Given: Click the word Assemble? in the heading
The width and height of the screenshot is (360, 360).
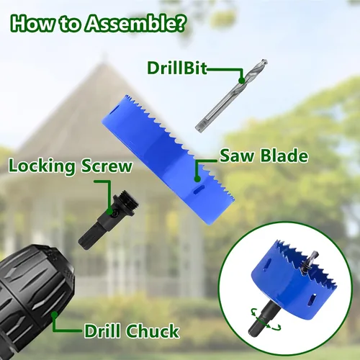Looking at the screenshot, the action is click(x=135, y=24).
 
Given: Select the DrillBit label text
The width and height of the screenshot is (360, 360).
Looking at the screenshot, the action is click(x=177, y=68).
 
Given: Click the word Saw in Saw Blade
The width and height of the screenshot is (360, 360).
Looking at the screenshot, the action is click(x=237, y=156).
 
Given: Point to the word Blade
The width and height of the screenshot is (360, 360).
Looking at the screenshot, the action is click(x=284, y=156).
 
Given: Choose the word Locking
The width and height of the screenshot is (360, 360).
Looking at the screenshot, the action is click(x=42, y=166).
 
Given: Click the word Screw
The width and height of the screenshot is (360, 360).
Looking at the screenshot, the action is click(x=107, y=166).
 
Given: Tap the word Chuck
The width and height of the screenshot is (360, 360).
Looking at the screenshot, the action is click(x=153, y=331).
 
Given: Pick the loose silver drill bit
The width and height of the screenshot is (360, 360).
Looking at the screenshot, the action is click(x=231, y=95).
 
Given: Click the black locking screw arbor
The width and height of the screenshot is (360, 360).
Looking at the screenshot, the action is click(x=109, y=219).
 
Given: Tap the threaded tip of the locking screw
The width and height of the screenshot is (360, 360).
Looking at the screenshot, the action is click(x=130, y=200).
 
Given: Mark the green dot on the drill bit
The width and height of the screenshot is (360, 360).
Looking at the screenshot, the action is click(x=242, y=81).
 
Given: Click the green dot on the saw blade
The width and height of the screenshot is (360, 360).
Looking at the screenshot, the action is click(x=197, y=179).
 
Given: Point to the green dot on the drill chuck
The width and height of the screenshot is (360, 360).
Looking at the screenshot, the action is click(x=55, y=315).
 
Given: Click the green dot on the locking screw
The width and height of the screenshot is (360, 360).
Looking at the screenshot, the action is click(x=109, y=212).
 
